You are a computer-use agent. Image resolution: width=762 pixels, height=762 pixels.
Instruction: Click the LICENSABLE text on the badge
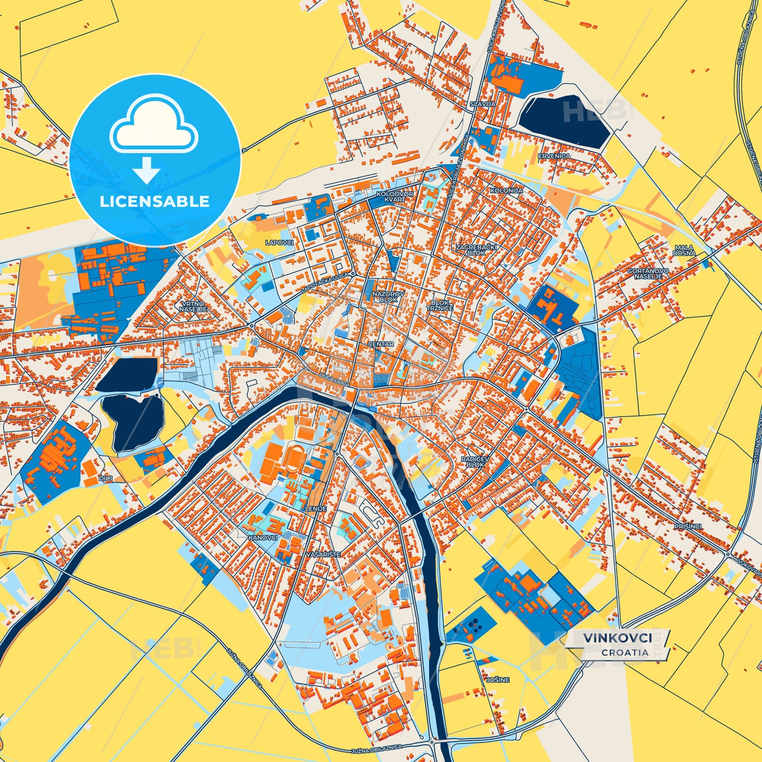155,201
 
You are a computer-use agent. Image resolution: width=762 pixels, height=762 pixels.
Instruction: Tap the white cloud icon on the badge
153,126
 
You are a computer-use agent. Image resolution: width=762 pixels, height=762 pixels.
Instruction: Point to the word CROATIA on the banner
625,652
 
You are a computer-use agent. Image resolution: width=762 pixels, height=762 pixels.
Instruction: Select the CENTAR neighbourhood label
381,344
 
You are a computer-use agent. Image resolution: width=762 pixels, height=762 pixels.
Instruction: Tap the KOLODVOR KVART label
395,197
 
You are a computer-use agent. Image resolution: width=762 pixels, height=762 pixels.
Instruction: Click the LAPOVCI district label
279,243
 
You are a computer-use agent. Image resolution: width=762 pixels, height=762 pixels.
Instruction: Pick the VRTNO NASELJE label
192,307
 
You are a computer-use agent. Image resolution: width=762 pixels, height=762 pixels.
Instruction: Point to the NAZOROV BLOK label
389,296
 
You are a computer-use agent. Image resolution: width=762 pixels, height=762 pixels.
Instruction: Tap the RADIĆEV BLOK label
475,462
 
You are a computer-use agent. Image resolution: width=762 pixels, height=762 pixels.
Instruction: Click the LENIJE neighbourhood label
316,508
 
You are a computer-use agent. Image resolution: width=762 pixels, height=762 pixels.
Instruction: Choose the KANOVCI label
263,538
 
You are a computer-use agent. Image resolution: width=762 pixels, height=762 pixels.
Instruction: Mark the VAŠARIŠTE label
323,555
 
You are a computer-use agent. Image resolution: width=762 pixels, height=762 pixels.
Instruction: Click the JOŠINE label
498,680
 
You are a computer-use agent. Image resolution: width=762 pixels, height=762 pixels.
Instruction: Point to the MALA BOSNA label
684,250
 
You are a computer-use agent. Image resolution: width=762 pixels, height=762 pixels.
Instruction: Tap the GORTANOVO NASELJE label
648,273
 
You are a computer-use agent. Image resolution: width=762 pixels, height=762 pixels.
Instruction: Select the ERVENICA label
554,156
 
